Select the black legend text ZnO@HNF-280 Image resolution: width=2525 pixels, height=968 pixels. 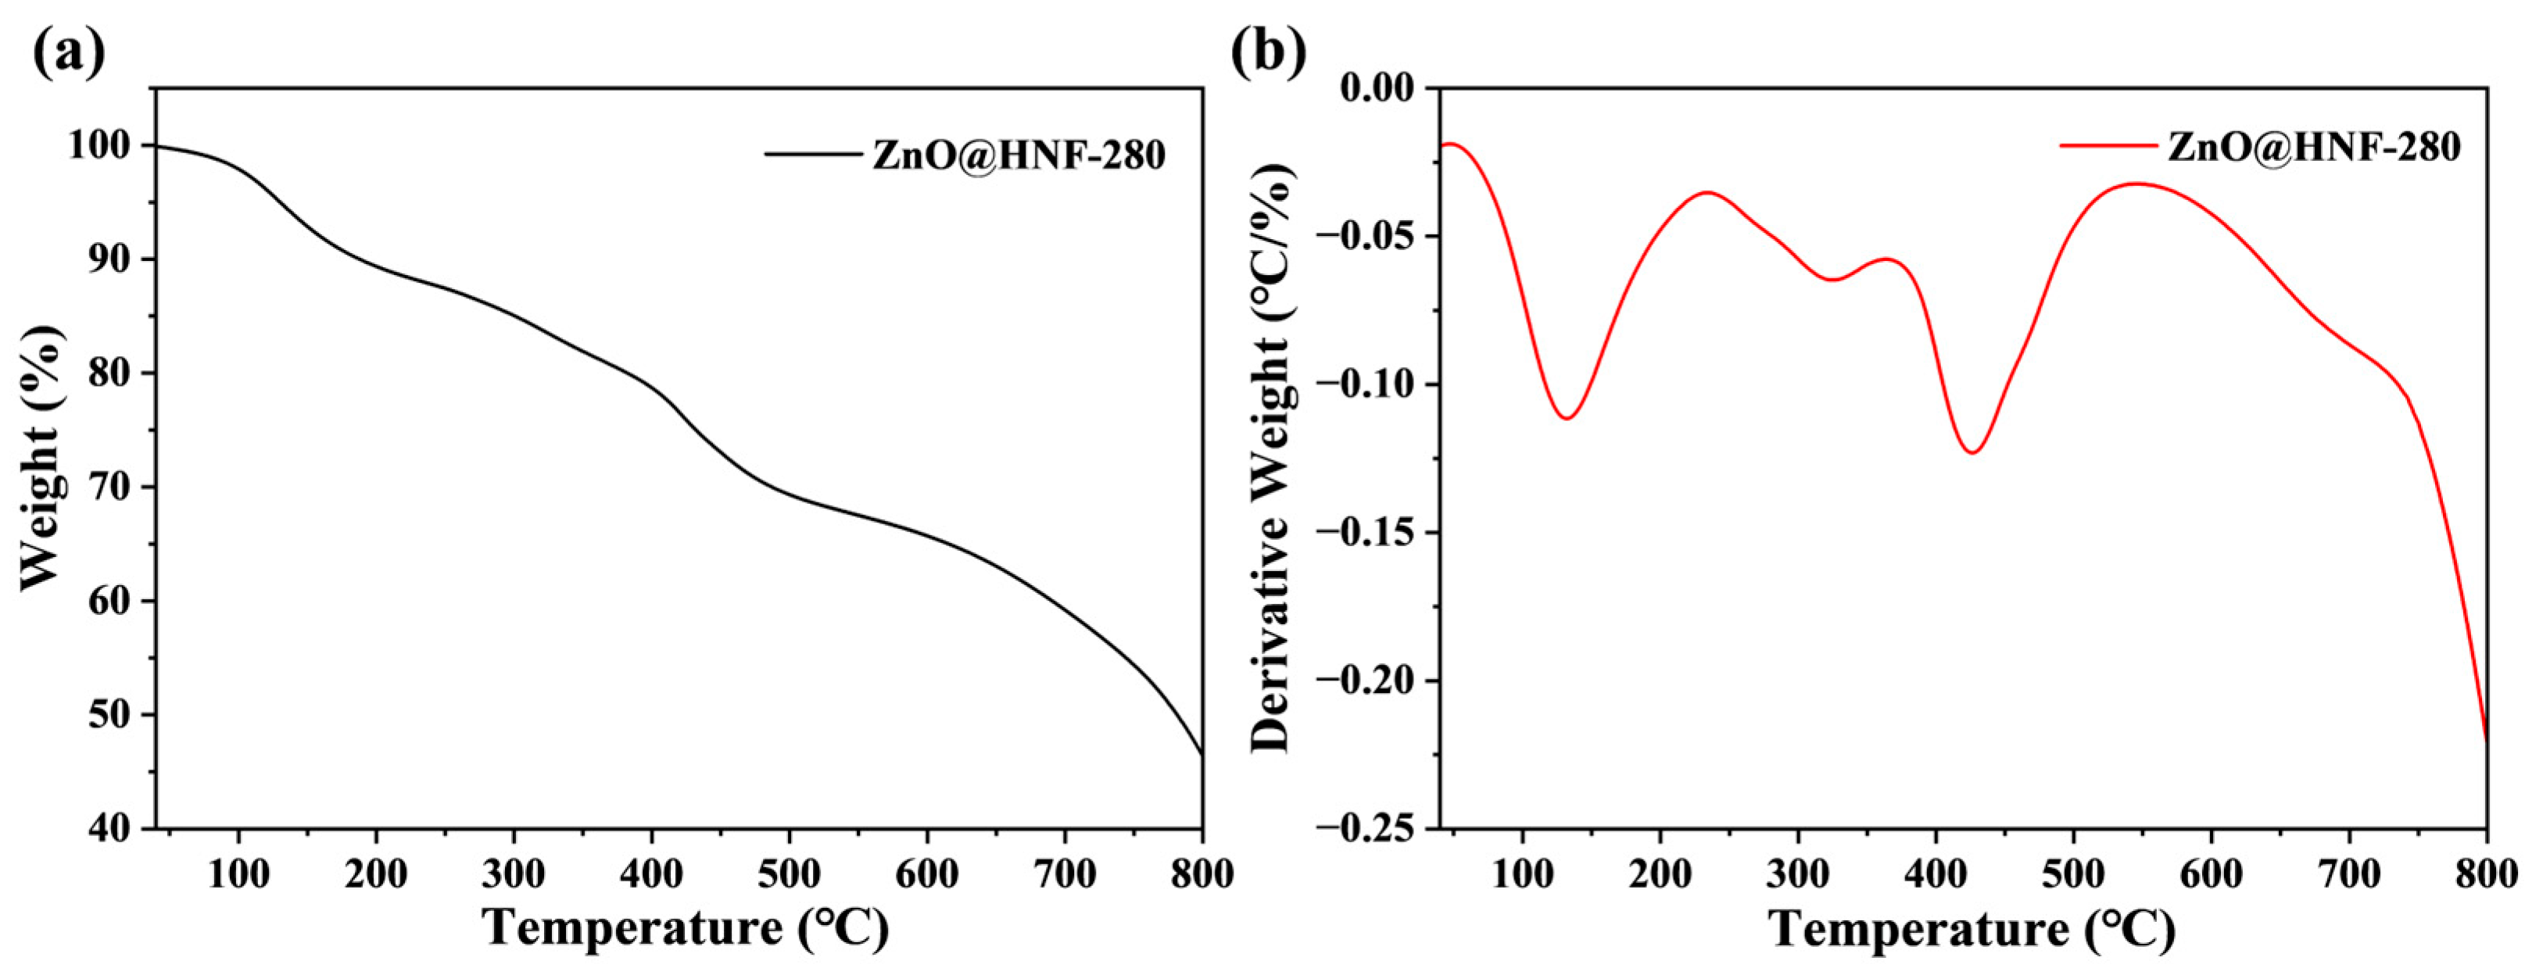pyautogui.click(x=1019, y=155)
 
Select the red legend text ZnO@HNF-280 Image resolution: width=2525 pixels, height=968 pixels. pyautogui.click(x=2314, y=147)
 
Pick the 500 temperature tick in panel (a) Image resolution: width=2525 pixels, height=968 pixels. pyautogui.click(x=789, y=874)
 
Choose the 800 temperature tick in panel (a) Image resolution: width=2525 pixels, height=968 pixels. pyautogui.click(x=1202, y=874)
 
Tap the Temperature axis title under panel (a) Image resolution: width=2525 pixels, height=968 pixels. pyautogui.click(x=686, y=927)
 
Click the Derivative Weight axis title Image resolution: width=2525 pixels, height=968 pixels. pyautogui.click(x=1274, y=459)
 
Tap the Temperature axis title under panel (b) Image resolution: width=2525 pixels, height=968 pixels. pyautogui.click(x=1972, y=927)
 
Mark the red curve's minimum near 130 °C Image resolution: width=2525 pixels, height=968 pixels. pyautogui.click(x=1568, y=418)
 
